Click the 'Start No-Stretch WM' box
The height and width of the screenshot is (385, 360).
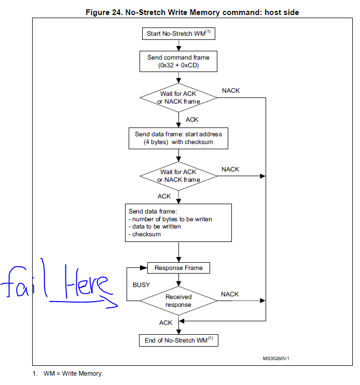click(178, 34)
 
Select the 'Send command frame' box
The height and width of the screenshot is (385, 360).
click(178, 61)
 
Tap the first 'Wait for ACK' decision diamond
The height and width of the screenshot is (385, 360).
click(178, 97)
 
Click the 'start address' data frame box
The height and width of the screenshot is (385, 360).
click(178, 138)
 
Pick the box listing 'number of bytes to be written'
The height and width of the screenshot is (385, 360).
click(178, 222)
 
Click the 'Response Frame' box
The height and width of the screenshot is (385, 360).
click(178, 268)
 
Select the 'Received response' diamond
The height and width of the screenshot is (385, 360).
click(178, 301)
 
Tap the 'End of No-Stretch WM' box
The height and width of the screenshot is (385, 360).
click(178, 340)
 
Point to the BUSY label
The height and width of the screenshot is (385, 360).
click(142, 284)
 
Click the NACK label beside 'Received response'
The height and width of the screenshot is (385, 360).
click(230, 294)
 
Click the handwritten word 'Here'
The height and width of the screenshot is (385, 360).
click(86, 284)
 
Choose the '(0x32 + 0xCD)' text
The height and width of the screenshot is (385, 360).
click(178, 66)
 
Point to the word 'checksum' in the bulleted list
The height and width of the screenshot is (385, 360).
click(146, 234)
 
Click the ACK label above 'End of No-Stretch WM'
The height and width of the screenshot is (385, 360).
click(165, 322)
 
